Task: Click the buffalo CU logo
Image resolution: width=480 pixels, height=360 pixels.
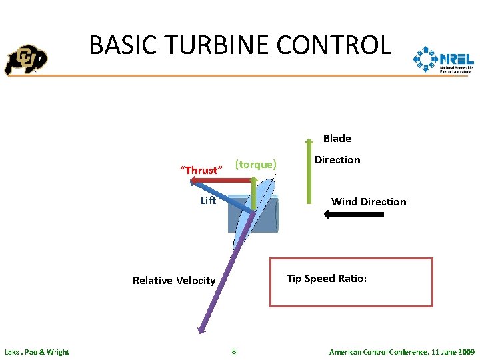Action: pyautogui.click(x=26, y=61)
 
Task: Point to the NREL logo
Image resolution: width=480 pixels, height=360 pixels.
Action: pyautogui.click(x=443, y=61)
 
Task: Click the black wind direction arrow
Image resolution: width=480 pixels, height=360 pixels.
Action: pyautogui.click(x=353, y=215)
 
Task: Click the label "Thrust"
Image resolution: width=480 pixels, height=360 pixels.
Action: pyautogui.click(x=200, y=170)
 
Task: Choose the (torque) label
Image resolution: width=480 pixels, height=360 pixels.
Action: pyautogui.click(x=256, y=164)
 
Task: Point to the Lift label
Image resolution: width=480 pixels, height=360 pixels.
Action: pyautogui.click(x=208, y=200)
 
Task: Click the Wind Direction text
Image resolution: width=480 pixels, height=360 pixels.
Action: pyautogui.click(x=369, y=201)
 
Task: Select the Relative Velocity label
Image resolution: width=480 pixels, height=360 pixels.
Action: pyautogui.click(x=174, y=280)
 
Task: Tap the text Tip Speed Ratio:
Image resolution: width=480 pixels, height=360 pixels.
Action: pyautogui.click(x=327, y=278)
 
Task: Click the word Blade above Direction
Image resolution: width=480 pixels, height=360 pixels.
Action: pyautogui.click(x=337, y=139)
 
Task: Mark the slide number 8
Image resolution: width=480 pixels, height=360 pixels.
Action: pyautogui.click(x=233, y=351)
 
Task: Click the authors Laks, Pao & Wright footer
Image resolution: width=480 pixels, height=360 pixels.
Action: pyautogui.click(x=37, y=352)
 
